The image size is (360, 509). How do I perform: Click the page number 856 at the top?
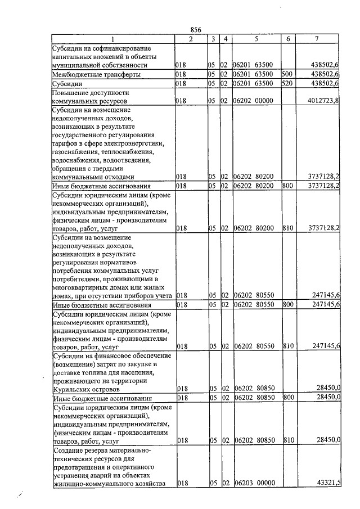pos(196,30)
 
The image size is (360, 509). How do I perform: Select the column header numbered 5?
pos(255,39)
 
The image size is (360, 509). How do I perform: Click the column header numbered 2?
pos(191,39)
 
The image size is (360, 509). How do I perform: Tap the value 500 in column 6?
pos(286,74)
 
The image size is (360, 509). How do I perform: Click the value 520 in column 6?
pos(286,84)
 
